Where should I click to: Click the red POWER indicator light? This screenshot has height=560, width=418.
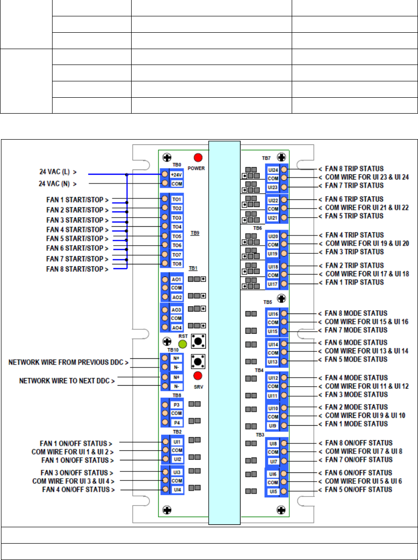coord(198,157)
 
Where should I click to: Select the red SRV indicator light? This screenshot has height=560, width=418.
coord(197,376)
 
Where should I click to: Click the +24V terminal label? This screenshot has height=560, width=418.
coord(176,175)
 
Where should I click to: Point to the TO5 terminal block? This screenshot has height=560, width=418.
coord(176,236)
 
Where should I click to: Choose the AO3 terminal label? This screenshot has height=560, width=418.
coord(176,310)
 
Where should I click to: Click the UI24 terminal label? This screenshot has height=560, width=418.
coord(273,169)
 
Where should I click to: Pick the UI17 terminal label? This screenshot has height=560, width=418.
coord(273,284)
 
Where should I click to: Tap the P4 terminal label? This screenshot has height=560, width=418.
coord(176,422)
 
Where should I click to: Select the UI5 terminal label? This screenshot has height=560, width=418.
coord(273,491)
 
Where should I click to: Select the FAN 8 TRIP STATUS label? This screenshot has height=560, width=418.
coord(351,169)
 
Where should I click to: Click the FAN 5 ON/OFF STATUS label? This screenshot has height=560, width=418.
coord(355,490)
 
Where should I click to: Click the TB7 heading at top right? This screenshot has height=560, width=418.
coord(267,158)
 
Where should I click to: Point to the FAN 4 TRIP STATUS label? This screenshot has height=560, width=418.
coord(351,235)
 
